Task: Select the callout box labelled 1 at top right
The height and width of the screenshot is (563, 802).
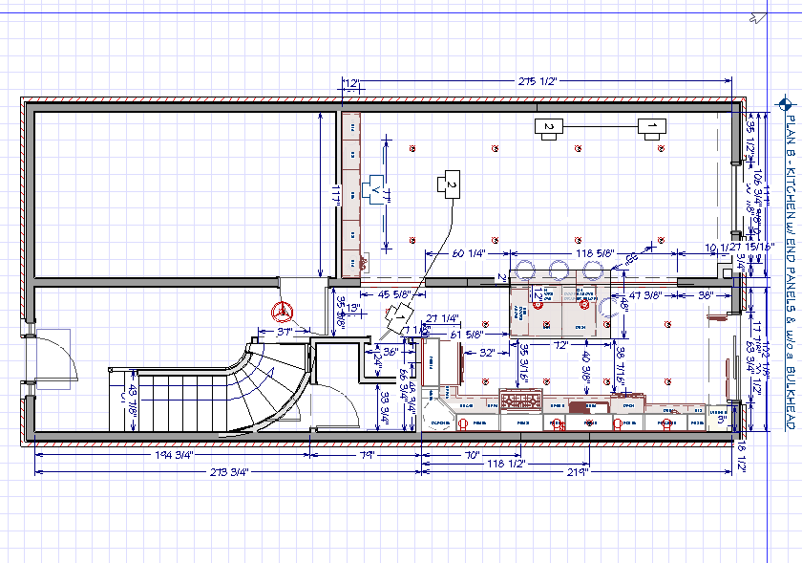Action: point(652,126)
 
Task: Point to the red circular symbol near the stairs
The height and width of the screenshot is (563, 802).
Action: point(282,311)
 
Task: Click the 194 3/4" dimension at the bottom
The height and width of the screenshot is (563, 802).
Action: point(176,454)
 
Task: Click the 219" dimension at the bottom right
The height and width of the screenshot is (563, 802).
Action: point(576,471)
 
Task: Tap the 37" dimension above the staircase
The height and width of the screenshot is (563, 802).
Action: point(284,332)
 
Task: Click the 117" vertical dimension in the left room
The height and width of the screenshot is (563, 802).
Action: point(335,194)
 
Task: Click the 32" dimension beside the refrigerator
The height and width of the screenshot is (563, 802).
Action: point(487,353)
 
